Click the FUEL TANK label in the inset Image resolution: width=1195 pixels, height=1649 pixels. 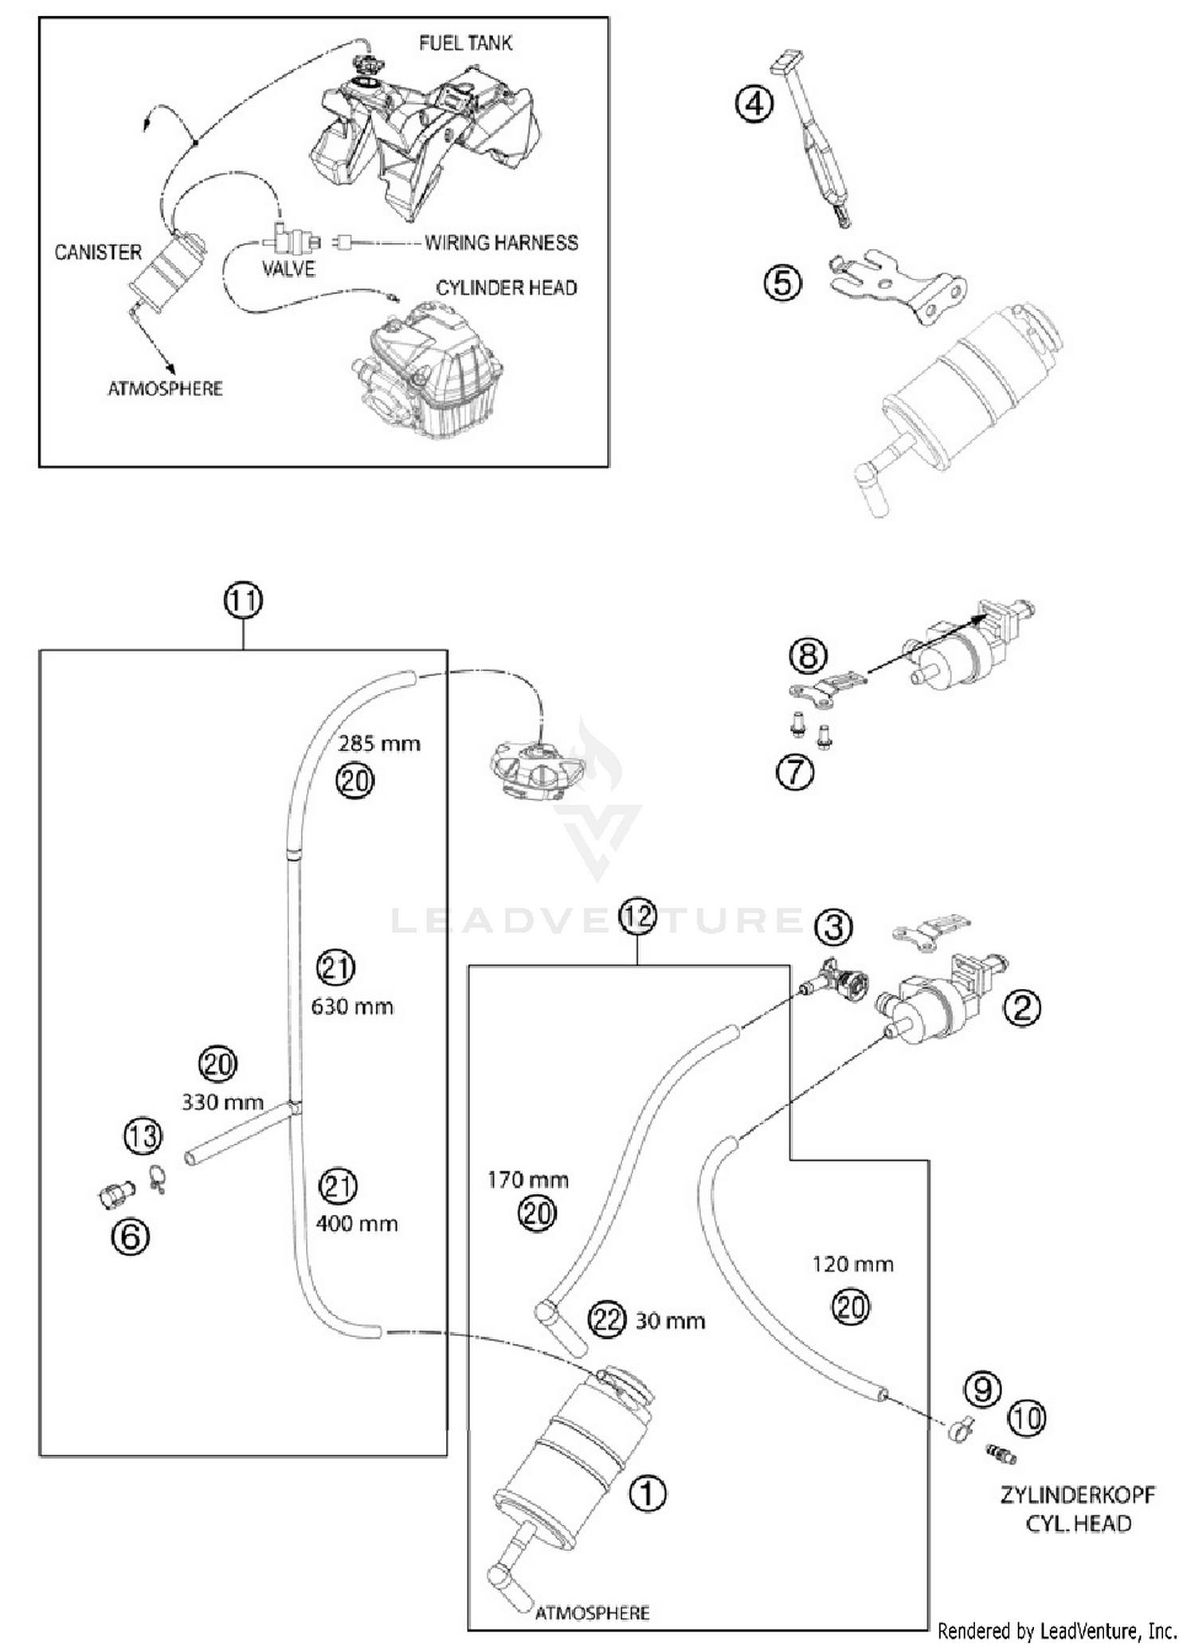[x=465, y=43]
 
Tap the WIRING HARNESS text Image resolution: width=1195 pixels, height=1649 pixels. [x=501, y=242]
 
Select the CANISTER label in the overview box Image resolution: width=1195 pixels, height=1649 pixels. [x=97, y=252]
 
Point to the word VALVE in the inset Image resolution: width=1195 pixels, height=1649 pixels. [x=288, y=269]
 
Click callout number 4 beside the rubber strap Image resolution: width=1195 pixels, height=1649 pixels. [x=754, y=104]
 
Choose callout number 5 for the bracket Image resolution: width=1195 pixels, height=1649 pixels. [x=782, y=283]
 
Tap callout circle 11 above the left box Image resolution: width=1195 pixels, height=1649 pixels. [x=243, y=600]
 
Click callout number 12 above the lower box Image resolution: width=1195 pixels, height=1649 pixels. [x=637, y=916]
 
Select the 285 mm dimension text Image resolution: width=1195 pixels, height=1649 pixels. [x=378, y=744]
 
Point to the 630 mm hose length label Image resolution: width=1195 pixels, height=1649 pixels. [x=352, y=1006]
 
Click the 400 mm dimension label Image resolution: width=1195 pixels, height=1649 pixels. [x=356, y=1223]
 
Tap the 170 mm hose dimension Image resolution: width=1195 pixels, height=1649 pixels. [x=527, y=1179]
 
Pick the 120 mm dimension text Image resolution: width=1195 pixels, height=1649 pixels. [x=852, y=1264]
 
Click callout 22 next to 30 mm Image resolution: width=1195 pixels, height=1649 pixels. [x=607, y=1320]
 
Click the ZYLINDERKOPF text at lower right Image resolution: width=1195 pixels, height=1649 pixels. [x=1077, y=1495]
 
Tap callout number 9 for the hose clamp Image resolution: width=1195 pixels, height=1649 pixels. [x=982, y=1389]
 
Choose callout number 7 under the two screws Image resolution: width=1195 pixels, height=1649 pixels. [x=795, y=772]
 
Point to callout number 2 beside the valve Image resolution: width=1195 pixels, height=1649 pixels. [x=1022, y=1008]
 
